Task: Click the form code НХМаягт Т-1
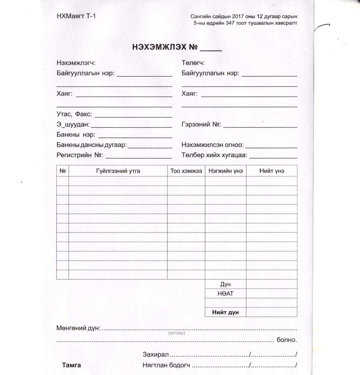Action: pyautogui.click(x=76, y=16)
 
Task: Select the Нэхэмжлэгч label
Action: pyautogui.click(x=76, y=63)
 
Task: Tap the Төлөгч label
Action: pyautogui.click(x=193, y=63)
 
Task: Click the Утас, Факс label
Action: pyautogui.click(x=74, y=114)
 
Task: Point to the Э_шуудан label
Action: pyautogui.click(x=73, y=125)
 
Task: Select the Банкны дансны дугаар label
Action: pyautogui.click(x=92, y=145)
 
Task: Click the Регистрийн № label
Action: pyautogui.click(x=80, y=155)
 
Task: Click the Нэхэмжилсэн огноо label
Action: pyautogui.click(x=213, y=145)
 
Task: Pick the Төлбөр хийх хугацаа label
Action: pyautogui.click(x=215, y=155)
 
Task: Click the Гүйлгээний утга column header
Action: pyautogui.click(x=118, y=171)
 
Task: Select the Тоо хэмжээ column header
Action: pyautogui.click(x=186, y=171)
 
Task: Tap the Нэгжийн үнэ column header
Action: pyautogui.click(x=225, y=171)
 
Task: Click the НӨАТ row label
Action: pyautogui.click(x=225, y=293)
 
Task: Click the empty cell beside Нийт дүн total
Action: pyautogui.click(x=271, y=312)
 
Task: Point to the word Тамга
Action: pyautogui.click(x=71, y=365)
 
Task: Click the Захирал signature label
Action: pyautogui.click(x=156, y=355)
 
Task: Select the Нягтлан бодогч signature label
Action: pyautogui.click(x=167, y=365)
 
